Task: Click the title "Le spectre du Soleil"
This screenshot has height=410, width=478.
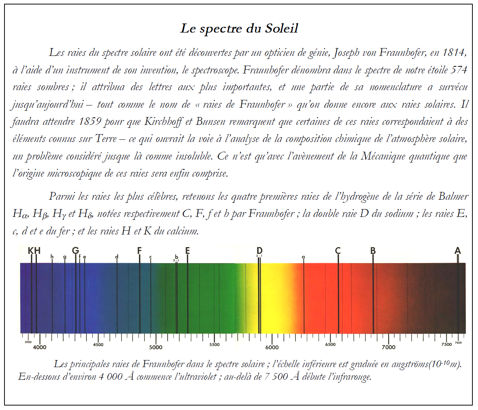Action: pyautogui.click(x=239, y=28)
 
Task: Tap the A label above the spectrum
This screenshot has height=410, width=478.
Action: pyautogui.click(x=458, y=251)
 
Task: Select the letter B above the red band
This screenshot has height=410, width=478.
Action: pyautogui.click(x=373, y=251)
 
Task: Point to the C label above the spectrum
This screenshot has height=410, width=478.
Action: pyautogui.click(x=338, y=251)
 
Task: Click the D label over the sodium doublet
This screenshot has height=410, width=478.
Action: pyautogui.click(x=259, y=250)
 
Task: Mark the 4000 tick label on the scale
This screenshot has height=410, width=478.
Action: pyautogui.click(x=39, y=347)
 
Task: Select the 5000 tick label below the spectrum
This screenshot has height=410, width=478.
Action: pyautogui.click(x=156, y=347)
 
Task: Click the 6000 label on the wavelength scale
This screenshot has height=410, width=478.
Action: pyautogui.click(x=272, y=347)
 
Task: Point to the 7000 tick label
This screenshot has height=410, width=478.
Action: pyautogui.click(x=388, y=347)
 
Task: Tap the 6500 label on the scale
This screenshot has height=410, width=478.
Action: pyautogui.click(x=330, y=345)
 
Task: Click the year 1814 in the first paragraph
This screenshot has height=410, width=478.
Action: pyautogui.click(x=454, y=53)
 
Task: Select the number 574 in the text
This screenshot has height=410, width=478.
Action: pyautogui.click(x=459, y=70)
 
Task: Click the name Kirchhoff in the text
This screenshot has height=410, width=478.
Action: pyautogui.click(x=164, y=122)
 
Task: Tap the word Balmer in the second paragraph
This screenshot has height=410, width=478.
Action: pyautogui.click(x=453, y=196)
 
